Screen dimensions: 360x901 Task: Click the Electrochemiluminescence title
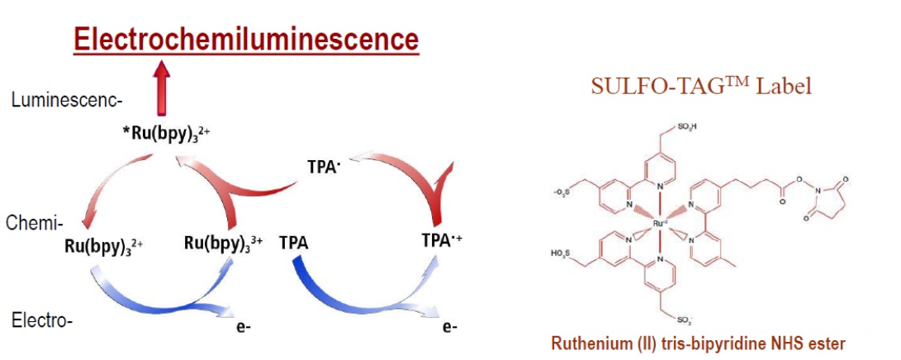[x=245, y=38]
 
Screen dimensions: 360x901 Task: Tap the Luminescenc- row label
[x=67, y=101]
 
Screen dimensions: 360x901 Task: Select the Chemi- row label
[x=35, y=223]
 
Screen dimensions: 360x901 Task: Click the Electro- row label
[x=42, y=320]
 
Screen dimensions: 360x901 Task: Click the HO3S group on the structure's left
[x=562, y=251]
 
